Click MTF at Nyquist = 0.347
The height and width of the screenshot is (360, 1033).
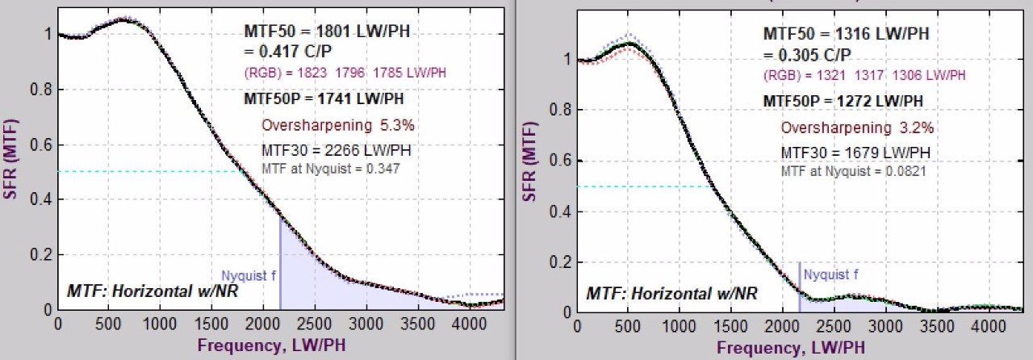coord(331,168)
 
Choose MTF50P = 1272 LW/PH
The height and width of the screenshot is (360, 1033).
coord(843,102)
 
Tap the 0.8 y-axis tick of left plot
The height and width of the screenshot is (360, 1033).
coord(39,89)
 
